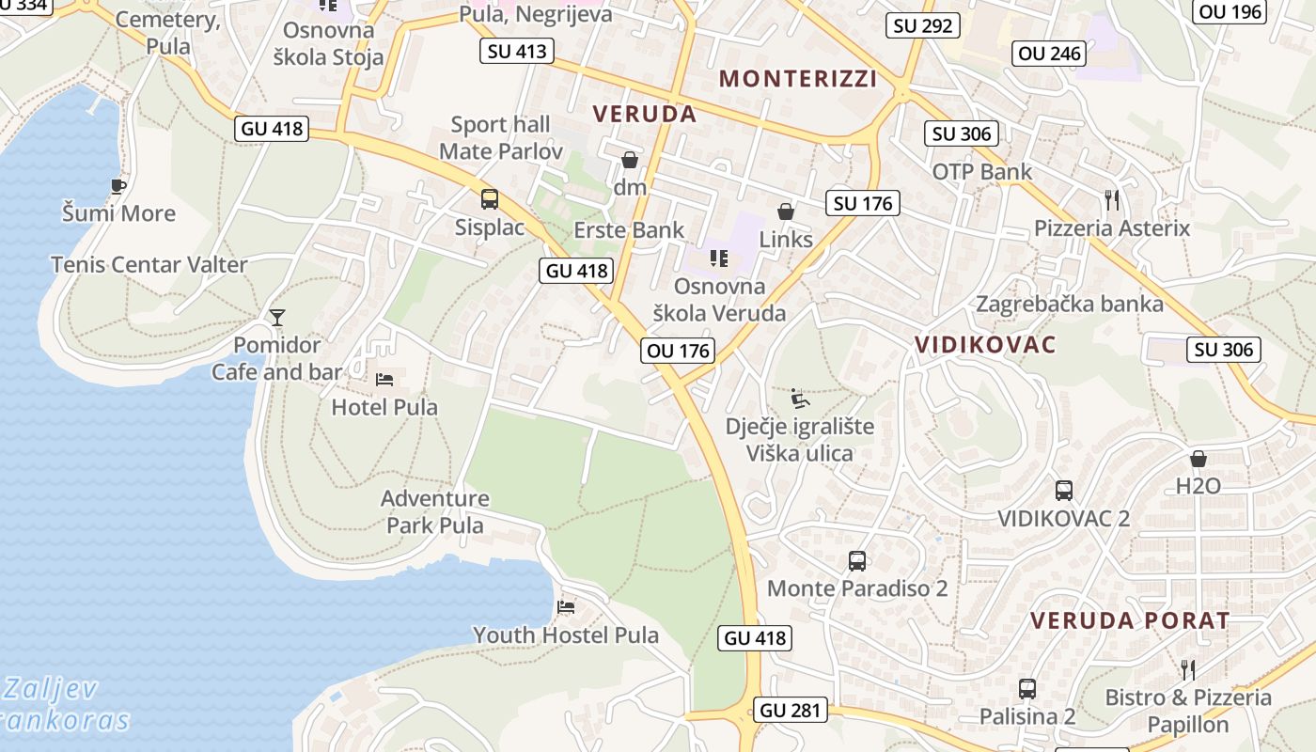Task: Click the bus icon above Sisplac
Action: [490, 199]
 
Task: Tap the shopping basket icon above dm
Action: [629, 160]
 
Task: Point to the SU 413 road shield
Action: [517, 51]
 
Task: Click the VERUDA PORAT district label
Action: [1130, 620]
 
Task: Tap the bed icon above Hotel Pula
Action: [384, 380]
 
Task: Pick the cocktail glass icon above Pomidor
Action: [276, 317]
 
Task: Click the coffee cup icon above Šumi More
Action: [117, 186]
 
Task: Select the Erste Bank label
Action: [630, 230]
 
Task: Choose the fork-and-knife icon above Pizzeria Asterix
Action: [1112, 199]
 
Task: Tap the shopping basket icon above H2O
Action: [1198, 459]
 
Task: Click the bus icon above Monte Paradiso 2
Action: [856, 561]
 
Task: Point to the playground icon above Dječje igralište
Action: [799, 399]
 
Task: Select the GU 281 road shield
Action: [791, 711]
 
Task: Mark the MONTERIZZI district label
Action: [798, 79]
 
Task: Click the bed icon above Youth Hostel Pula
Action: [565, 606]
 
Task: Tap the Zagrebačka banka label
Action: [1070, 304]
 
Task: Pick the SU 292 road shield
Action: [923, 25]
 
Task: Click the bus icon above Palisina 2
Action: [1026, 689]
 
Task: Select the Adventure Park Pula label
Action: [435, 511]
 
